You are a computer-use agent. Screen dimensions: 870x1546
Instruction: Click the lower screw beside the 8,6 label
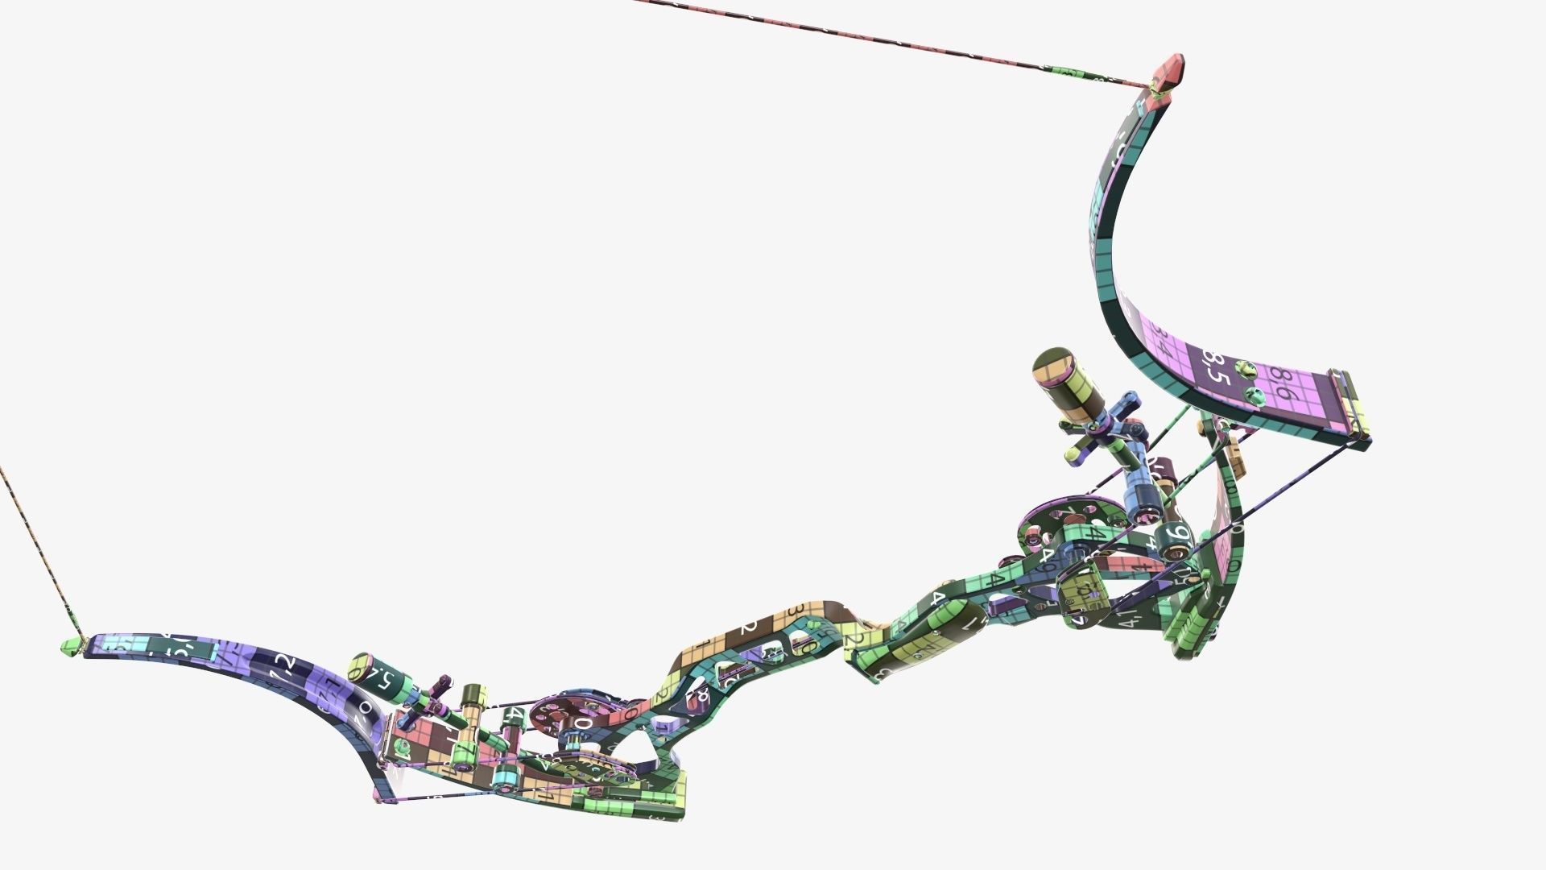pyautogui.click(x=1253, y=395)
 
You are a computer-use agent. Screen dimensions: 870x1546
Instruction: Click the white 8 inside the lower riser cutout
pyautogui.click(x=703, y=694)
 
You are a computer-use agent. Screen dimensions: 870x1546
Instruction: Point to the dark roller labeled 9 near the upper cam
pyautogui.click(x=1173, y=536)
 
